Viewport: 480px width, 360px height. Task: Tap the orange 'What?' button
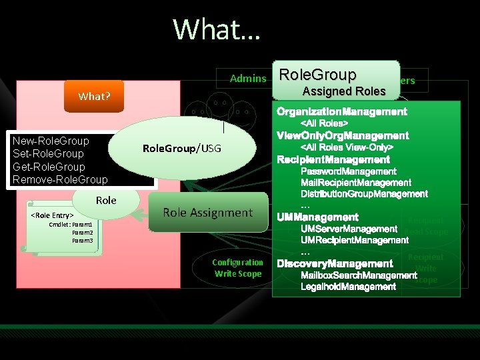tap(94, 96)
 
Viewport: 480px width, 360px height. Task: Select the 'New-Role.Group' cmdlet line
tap(51, 141)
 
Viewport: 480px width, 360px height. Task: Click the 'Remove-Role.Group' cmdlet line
tap(60, 180)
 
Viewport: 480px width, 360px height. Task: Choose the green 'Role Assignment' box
tap(208, 213)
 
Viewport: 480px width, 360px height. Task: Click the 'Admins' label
tap(247, 79)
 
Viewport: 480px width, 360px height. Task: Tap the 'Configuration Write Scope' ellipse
tap(238, 268)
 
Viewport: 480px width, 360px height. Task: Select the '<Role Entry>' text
tap(52, 216)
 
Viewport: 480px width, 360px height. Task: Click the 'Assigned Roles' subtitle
tap(344, 91)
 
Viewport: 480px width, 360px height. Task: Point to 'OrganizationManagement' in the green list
tap(342, 111)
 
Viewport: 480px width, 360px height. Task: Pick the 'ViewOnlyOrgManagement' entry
tap(343, 135)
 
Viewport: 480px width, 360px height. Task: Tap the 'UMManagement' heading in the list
tap(318, 217)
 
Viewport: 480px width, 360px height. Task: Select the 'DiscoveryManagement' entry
tap(335, 264)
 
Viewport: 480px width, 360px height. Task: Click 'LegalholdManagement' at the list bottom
tap(348, 287)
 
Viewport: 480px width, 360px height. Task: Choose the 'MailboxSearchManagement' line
tap(358, 275)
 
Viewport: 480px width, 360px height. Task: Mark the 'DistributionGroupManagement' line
tap(364, 194)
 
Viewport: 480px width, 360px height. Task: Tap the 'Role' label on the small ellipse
tap(106, 200)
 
